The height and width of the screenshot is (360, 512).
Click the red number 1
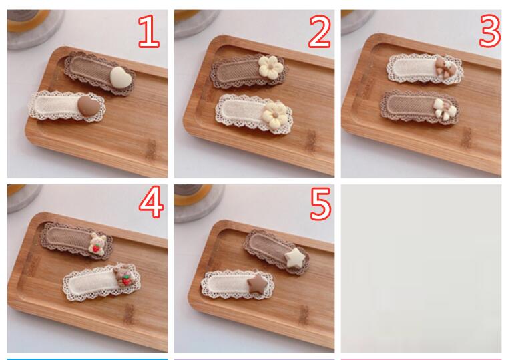click(x=149, y=31)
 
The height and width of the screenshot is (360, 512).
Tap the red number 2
click(x=319, y=31)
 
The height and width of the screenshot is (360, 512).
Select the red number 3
click(x=490, y=31)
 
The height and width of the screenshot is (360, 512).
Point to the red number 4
click(x=151, y=202)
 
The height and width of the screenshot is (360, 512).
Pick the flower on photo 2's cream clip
click(x=276, y=115)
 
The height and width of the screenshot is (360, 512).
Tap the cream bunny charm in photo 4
click(x=97, y=244)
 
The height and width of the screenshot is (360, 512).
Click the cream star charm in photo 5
click(x=295, y=258)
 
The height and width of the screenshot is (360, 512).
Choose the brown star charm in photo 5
click(x=257, y=283)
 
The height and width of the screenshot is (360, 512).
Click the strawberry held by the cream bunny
click(x=95, y=249)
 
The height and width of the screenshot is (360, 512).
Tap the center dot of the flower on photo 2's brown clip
click(x=270, y=68)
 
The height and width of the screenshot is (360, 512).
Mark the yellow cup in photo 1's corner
click(x=29, y=20)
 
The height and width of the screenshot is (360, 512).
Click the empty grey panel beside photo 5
click(x=421, y=268)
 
